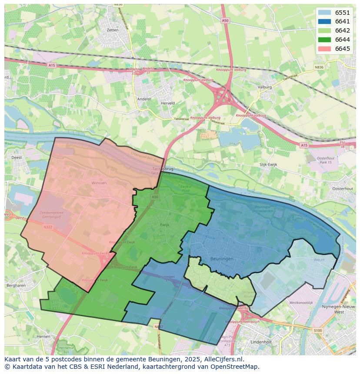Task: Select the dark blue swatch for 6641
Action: click(324, 21)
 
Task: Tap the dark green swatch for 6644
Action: click(324, 40)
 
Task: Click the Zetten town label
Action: click(112, 30)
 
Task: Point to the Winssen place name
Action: click(99, 183)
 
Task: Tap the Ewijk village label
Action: click(164, 225)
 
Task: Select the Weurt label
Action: click(319, 260)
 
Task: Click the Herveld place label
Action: click(167, 103)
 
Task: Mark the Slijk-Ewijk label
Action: click(268, 165)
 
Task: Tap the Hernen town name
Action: click(43, 337)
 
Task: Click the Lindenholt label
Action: click(261, 342)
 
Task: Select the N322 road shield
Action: click(47, 227)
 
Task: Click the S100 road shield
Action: click(318, 331)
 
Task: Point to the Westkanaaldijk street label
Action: click(301, 302)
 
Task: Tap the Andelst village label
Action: click(144, 99)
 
